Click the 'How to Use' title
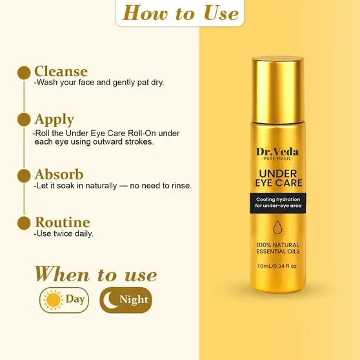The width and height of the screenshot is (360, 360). tap(181, 13)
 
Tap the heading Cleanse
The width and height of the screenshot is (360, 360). tap(61, 71)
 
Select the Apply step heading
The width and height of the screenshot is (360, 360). tap(54, 119)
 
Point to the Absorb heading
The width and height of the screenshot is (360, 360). tap(59, 174)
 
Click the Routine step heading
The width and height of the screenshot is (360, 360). tap(63, 222)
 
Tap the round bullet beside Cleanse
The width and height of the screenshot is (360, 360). tap(24, 73)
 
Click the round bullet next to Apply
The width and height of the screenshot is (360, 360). tap(24, 119)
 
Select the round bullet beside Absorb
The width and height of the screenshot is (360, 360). tap(24, 175)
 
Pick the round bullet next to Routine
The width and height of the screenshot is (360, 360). tap(24, 223)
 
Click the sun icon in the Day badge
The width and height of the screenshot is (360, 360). tap(54, 300)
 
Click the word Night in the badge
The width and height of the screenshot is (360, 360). tap(134, 299)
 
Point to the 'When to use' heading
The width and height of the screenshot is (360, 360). tap(95, 274)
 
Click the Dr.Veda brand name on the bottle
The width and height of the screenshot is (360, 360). tap(277, 152)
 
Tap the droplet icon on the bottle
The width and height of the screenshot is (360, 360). tap(277, 227)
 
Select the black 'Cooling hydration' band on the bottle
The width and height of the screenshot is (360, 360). tap(278, 203)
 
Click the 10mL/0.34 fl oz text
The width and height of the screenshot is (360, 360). tap(277, 266)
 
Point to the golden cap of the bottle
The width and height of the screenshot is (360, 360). tap(277, 90)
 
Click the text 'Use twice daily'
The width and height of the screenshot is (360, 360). tap(64, 234)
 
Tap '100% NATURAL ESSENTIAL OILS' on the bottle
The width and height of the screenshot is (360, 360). tap(278, 248)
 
